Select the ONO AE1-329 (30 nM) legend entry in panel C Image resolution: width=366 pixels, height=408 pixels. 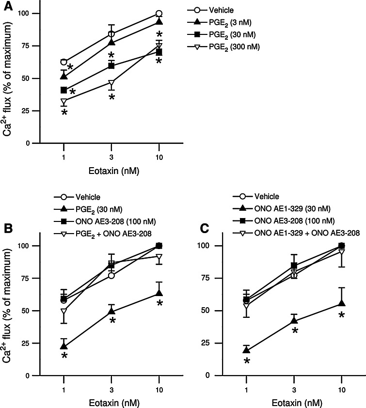pyautogui.click(x=286, y=208)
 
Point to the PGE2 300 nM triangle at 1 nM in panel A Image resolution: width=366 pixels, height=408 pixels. pyautogui.click(x=64, y=102)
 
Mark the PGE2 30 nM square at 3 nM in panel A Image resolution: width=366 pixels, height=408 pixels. pyautogui.click(x=111, y=65)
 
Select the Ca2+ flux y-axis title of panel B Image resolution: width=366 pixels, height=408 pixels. pyautogui.click(x=8, y=310)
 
